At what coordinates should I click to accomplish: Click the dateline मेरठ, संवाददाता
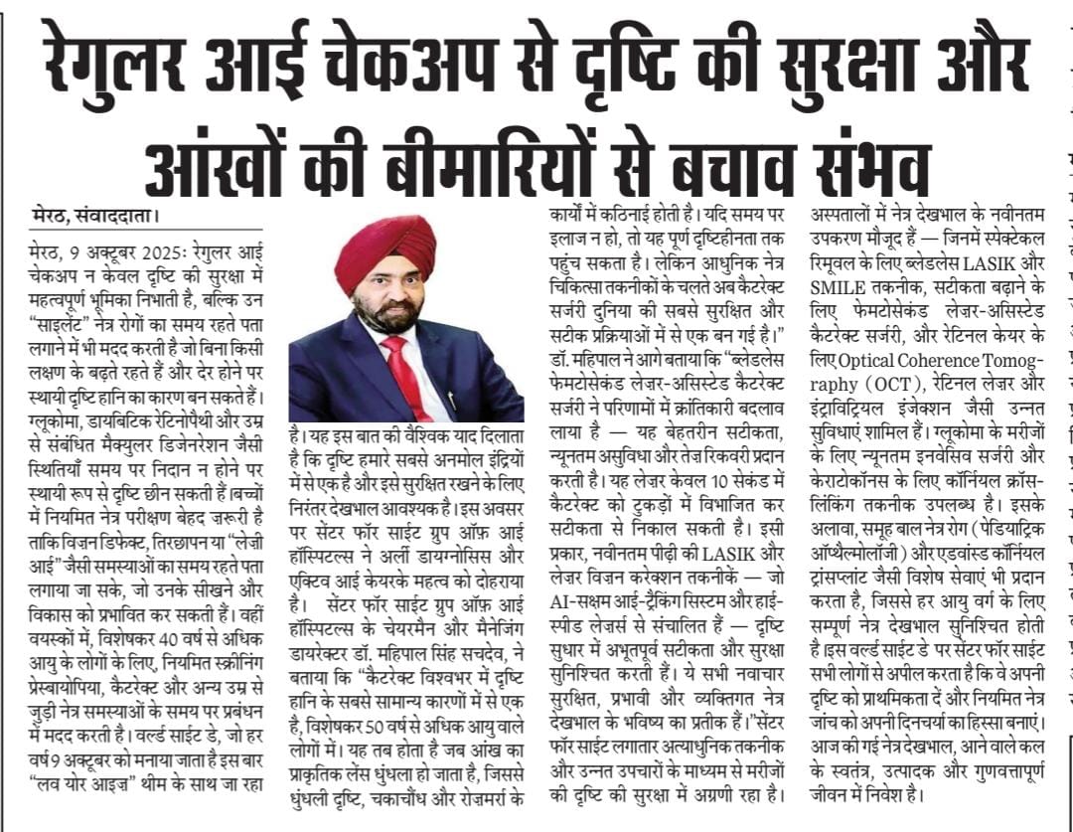click(94, 215)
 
